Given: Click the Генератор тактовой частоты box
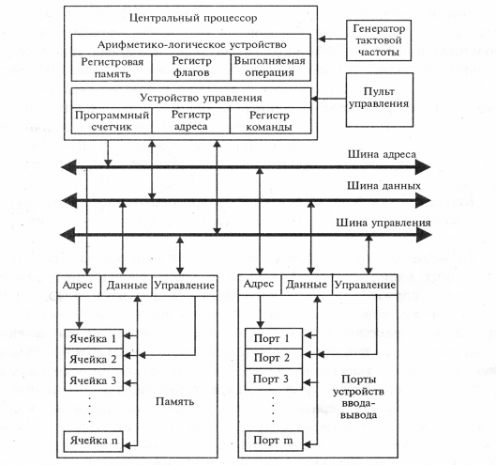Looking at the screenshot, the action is coord(379,40).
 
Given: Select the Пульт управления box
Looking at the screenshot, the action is coord(380,100).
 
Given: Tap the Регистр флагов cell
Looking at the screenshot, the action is coord(191,68).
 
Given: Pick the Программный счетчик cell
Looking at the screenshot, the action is coord(112,120).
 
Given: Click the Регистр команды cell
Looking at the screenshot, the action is coord(270,120).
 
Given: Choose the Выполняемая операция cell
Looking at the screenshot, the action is coord(270,68).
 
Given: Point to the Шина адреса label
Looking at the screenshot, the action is coord(382,154).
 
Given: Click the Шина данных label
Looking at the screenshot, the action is coord(383,185).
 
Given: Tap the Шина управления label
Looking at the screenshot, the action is coord(383,223).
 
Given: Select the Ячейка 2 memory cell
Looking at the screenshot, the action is coord(94,359).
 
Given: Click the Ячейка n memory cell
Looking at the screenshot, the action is coord(93,441).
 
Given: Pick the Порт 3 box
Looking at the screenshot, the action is coord(274,379).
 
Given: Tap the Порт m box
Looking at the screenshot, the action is coord(274,441).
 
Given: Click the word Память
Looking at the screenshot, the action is coord(174,402).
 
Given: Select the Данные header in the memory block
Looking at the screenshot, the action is coord(127,286).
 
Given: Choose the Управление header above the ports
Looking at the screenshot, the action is coord(365,285).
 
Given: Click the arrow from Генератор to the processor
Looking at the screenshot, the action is coord(332,39).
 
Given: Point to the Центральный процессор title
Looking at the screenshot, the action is coord(193,18).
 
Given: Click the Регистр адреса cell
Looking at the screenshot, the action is coord(191,120).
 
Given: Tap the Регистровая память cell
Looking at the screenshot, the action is coord(112,68).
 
